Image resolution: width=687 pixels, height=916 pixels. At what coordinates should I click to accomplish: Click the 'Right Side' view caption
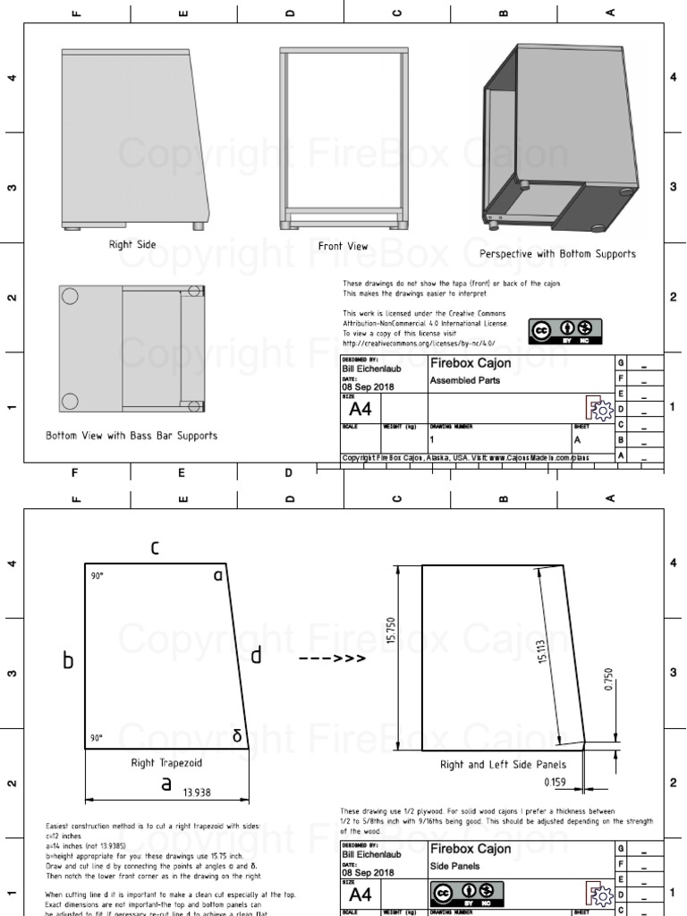click(132, 244)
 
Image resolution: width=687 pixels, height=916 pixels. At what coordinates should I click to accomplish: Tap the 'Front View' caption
click(343, 246)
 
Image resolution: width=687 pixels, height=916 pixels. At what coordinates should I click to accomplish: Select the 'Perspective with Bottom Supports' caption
click(557, 254)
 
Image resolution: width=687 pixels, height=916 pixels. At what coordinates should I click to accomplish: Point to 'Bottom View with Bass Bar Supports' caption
click(131, 437)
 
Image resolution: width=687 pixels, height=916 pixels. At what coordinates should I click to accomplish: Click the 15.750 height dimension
click(390, 630)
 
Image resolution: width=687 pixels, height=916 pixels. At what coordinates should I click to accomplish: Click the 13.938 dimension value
click(198, 792)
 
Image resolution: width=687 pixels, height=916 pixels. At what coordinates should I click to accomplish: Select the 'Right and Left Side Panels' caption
click(503, 765)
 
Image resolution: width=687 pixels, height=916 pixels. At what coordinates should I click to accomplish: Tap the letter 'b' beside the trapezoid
click(67, 662)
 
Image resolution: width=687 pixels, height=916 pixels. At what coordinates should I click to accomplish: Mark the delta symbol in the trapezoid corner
click(237, 735)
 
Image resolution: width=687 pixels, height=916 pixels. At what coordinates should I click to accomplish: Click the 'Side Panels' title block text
click(455, 866)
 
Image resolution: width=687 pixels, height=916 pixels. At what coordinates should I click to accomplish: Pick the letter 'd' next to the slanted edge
click(256, 657)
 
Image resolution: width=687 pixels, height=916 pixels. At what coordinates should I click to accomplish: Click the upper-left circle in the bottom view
click(70, 297)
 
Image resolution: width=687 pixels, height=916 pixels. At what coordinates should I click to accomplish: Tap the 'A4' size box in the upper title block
click(360, 410)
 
